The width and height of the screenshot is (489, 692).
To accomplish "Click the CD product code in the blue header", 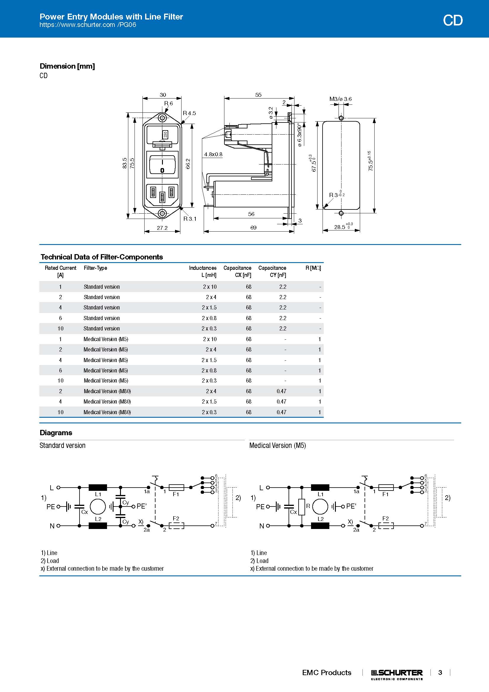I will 452,20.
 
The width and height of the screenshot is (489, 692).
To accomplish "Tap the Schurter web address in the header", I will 88,25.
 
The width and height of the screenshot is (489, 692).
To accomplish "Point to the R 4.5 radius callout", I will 190,113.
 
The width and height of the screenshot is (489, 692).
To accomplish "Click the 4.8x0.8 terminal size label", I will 213,154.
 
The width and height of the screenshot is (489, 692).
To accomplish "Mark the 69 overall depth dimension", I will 253,228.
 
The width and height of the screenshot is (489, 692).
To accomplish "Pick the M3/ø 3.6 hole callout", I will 340,99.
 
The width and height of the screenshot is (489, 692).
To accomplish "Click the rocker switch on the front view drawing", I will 162,164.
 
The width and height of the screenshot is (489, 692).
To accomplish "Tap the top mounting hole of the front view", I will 162,117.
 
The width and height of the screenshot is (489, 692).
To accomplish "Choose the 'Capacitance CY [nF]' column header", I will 272,271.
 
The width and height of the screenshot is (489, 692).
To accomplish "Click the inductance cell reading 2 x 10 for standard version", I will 210,287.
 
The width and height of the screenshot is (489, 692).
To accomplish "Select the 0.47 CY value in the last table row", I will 281,412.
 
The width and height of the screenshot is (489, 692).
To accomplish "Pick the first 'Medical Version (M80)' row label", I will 107,391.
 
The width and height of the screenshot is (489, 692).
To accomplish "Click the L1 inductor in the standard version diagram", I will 98,487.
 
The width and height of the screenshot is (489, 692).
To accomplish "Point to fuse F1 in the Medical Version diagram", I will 386,487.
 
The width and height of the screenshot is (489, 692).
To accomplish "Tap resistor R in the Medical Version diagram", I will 301,507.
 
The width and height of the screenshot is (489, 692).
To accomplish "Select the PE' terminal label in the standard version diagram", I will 142,506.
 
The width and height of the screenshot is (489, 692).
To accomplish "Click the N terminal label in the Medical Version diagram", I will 261,526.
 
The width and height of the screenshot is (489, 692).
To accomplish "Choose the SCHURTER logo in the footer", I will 396,673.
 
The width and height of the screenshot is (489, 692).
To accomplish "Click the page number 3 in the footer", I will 440,672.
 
